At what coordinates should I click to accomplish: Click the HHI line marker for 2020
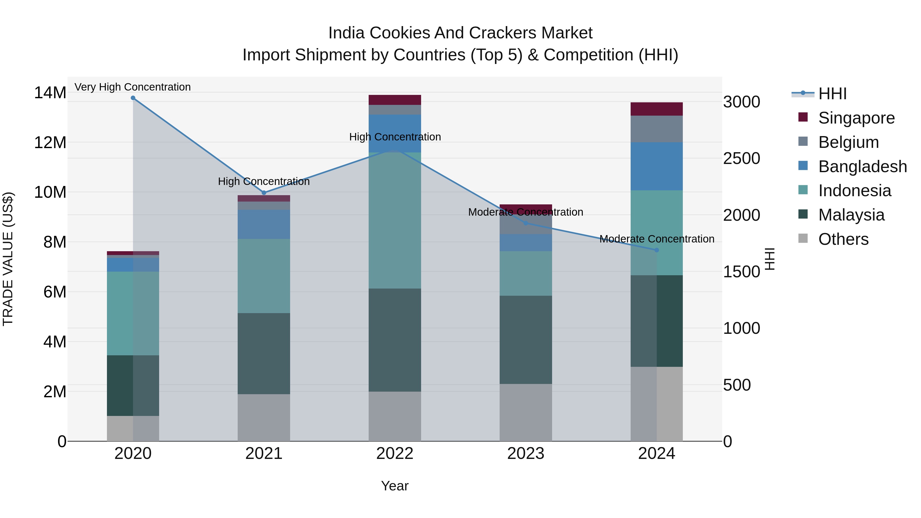click(x=133, y=98)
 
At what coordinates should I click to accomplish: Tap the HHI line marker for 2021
click(x=264, y=193)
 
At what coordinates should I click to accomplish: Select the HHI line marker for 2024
click(x=656, y=250)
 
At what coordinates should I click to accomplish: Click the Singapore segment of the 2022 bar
click(x=395, y=100)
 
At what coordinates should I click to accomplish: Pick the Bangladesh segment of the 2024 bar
click(x=656, y=166)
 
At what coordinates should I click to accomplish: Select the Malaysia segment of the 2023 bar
click(x=525, y=340)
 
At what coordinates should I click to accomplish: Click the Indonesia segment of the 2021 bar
click(x=264, y=276)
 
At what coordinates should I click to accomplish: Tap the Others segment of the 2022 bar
click(x=395, y=416)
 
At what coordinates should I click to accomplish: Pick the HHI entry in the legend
click(x=832, y=94)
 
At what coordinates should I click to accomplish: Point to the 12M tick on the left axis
click(x=50, y=143)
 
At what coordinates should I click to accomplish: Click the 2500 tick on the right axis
click(x=741, y=158)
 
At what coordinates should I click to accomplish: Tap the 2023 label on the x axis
click(x=525, y=454)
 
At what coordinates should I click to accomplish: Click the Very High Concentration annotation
click(x=133, y=87)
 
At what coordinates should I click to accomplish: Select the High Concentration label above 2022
click(x=395, y=137)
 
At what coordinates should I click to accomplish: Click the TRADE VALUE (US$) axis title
click(x=8, y=259)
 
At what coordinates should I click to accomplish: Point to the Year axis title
click(x=395, y=486)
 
